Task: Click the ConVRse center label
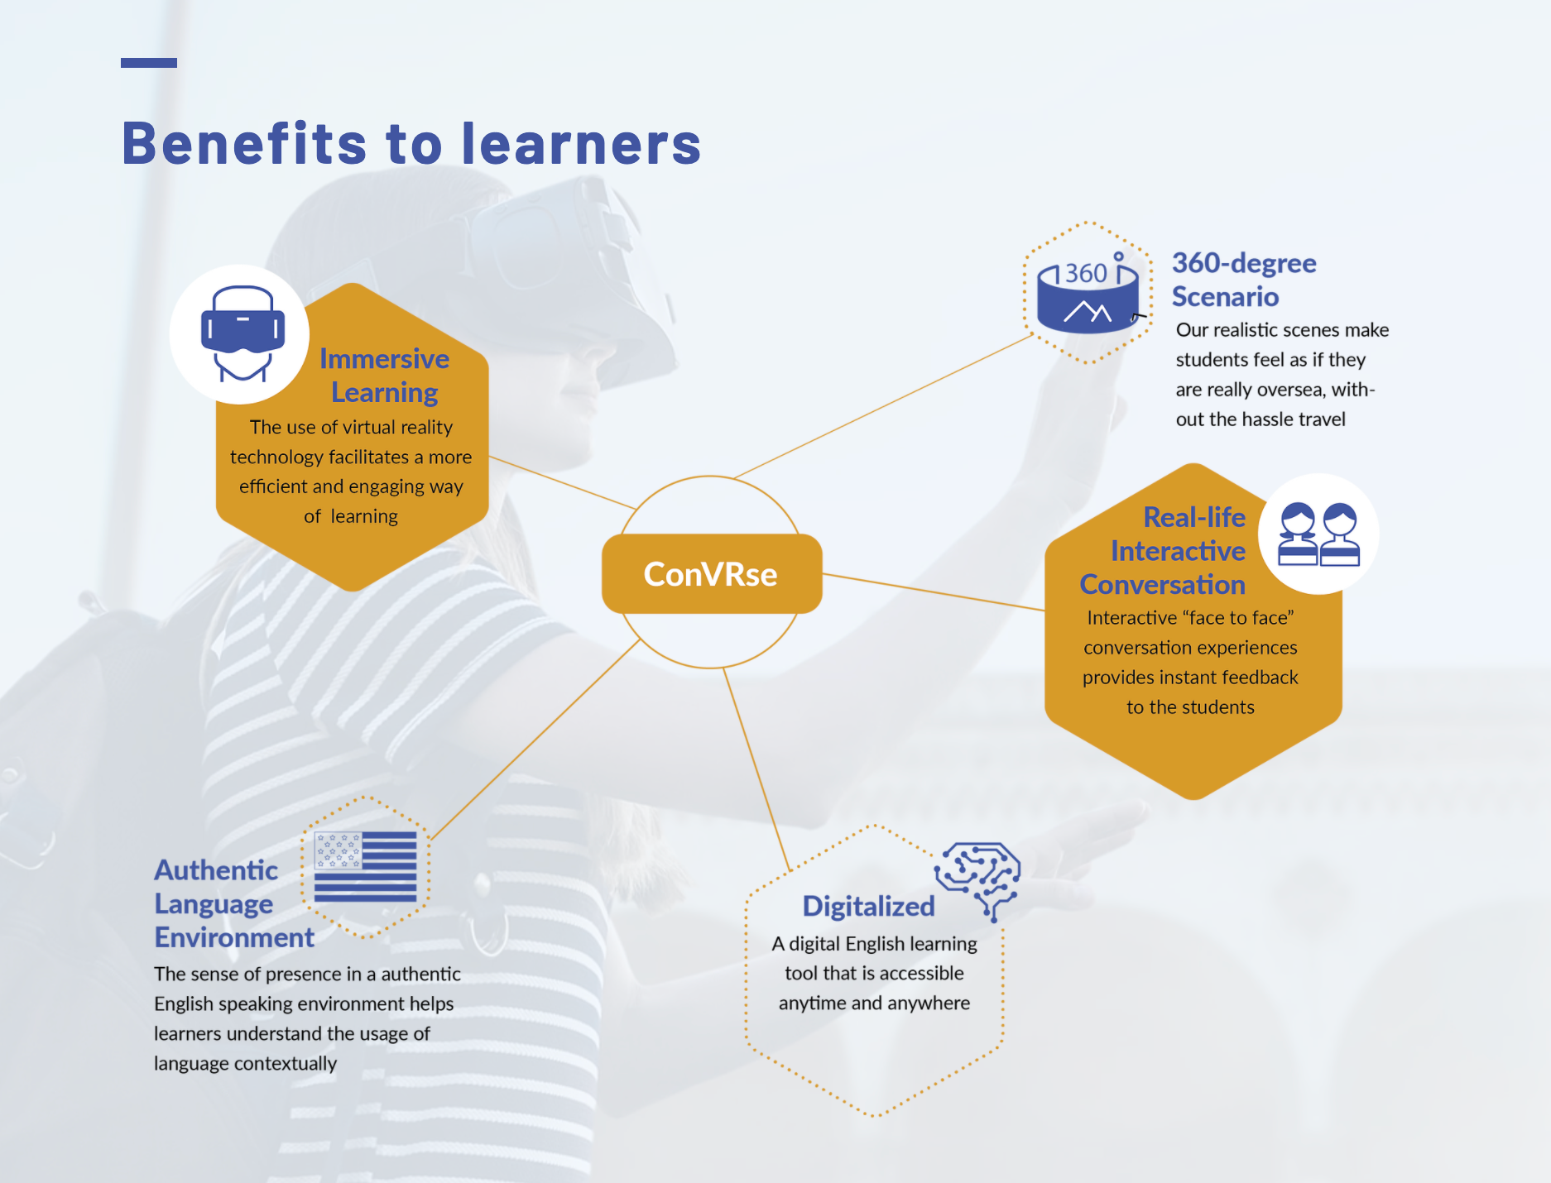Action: click(710, 574)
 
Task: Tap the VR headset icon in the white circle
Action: click(242, 333)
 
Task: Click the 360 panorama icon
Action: click(1087, 294)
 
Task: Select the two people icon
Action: click(1318, 534)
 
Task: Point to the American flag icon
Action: click(365, 866)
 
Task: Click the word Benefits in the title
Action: click(244, 144)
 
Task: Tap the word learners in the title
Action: click(581, 144)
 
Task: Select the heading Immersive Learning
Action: click(385, 376)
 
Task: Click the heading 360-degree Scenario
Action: click(1243, 280)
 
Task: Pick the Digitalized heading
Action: click(868, 907)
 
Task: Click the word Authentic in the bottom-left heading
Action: click(216, 870)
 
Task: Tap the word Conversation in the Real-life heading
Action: click(1162, 585)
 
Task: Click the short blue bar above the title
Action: click(149, 63)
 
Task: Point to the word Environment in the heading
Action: click(234, 938)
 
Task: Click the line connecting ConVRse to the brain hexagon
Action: click(757, 769)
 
